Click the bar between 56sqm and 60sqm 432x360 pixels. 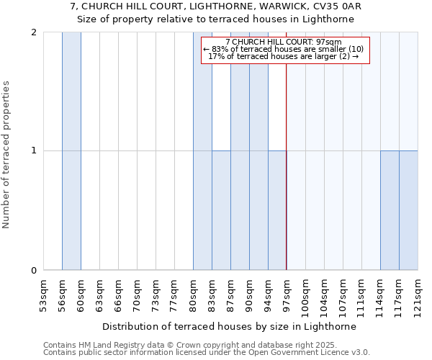click(x=71, y=151)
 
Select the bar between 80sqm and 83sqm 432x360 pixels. click(x=202, y=151)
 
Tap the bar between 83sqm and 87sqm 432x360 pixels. click(x=221, y=210)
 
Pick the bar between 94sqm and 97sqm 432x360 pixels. click(x=277, y=210)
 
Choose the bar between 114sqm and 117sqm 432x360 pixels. click(x=390, y=210)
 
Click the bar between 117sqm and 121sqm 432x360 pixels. click(x=408, y=210)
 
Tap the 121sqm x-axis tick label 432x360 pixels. click(x=418, y=294)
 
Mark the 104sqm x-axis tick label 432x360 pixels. click(x=324, y=294)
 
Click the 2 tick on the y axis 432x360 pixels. click(x=34, y=32)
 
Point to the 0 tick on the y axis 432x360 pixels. click(x=34, y=271)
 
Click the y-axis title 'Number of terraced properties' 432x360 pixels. click(x=6, y=154)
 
